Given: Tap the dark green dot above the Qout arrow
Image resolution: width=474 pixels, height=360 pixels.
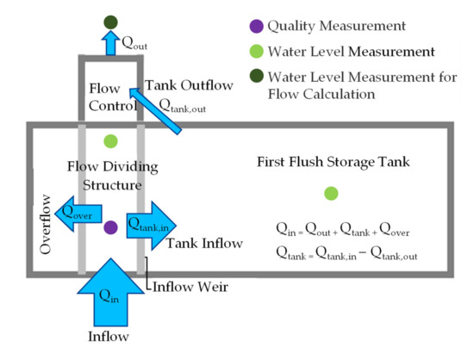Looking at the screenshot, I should [109, 22].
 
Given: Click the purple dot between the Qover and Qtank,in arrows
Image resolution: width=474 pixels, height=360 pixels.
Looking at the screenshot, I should [110, 228].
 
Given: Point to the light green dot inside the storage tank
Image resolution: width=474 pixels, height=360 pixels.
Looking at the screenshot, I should [331, 194].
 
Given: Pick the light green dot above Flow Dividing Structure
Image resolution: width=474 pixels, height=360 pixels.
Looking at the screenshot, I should [109, 140].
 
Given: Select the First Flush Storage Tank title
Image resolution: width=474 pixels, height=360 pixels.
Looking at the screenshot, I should [331, 161].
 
